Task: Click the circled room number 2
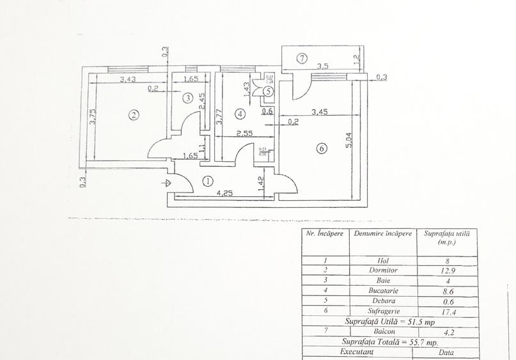[x=133, y=115]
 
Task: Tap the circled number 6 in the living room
[x=322, y=148]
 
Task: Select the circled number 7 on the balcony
[x=302, y=59]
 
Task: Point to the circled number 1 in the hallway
[x=208, y=181]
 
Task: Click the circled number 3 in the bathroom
[x=187, y=98]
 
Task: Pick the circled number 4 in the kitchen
[x=240, y=114]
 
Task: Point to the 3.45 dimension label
[x=320, y=113]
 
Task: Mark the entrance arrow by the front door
[x=168, y=182]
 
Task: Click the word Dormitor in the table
[x=382, y=270]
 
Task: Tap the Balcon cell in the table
[x=382, y=332]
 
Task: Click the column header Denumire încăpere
[x=382, y=234]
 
